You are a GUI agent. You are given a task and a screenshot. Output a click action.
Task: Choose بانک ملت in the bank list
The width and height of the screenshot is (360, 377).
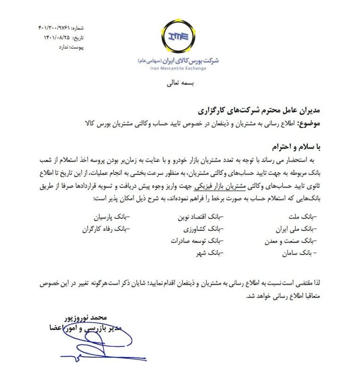302,218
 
